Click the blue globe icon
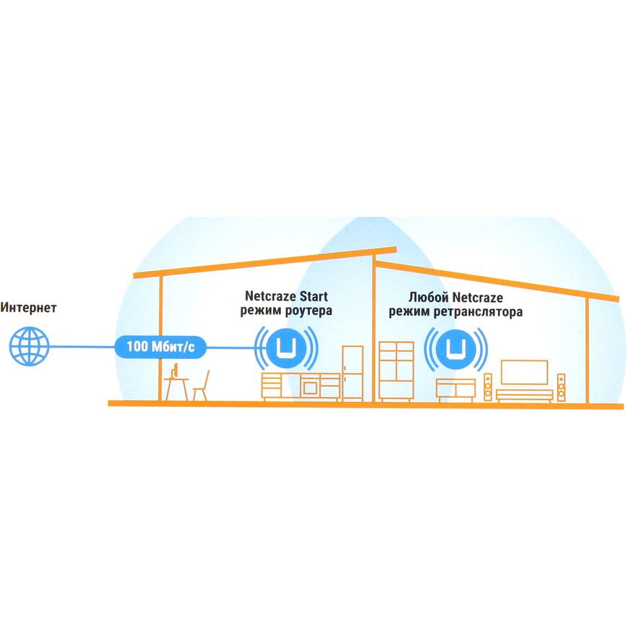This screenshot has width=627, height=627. pyautogui.click(x=30, y=346)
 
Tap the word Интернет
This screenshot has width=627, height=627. pyautogui.click(x=28, y=308)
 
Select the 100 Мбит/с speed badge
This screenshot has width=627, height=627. pyautogui.click(x=160, y=347)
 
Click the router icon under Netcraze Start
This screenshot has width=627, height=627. pyautogui.click(x=287, y=348)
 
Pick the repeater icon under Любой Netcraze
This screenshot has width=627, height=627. pyautogui.click(x=456, y=348)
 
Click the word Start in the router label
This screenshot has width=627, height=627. pyautogui.click(x=313, y=296)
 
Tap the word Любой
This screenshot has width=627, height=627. pyautogui.click(x=428, y=298)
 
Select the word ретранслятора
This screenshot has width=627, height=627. pyautogui.click(x=479, y=312)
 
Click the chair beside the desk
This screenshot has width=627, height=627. pyautogui.click(x=202, y=386)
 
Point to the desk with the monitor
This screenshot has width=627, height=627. pyautogui.click(x=177, y=383)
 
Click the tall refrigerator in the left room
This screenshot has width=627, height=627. pyautogui.click(x=352, y=373)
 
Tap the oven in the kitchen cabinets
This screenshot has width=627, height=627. pyautogui.click(x=311, y=387)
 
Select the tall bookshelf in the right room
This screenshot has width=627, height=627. pyautogui.click(x=396, y=371)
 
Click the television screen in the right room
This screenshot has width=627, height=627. pyautogui.click(x=524, y=373)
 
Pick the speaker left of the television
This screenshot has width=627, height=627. pyautogui.click(x=488, y=387)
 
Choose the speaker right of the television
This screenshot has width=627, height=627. pyautogui.click(x=561, y=388)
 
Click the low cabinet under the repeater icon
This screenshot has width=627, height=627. pyautogui.click(x=455, y=390)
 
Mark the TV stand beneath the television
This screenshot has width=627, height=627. pyautogui.click(x=524, y=396)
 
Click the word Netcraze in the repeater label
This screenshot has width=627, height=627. pyautogui.click(x=477, y=298)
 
